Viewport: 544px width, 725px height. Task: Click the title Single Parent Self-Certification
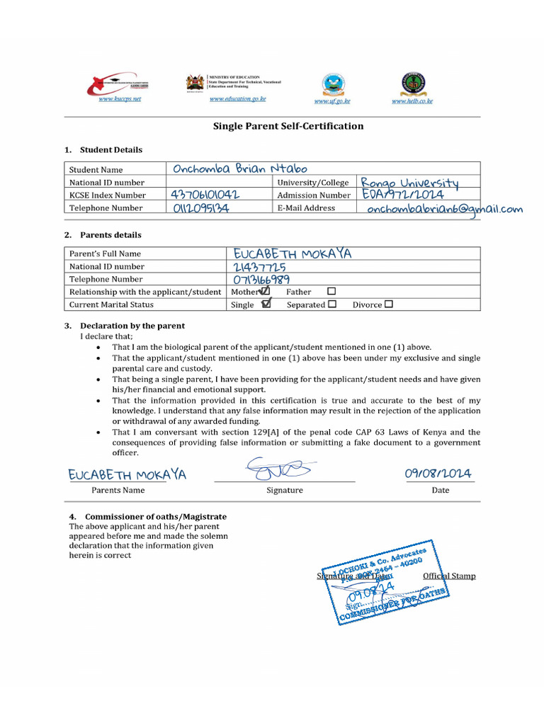[288, 126]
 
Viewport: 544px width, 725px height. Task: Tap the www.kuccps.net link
[120, 99]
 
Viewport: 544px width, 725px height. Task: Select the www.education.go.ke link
[237, 99]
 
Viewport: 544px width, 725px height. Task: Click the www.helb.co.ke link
[412, 101]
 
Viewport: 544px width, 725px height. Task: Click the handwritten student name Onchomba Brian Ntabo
[240, 169]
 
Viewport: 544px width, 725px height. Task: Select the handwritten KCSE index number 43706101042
[205, 195]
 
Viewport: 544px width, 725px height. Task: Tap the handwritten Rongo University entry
[409, 183]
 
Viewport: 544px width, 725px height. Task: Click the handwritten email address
[445, 209]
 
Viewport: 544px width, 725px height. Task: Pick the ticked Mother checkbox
[265, 291]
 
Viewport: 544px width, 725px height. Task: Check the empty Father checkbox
[331, 291]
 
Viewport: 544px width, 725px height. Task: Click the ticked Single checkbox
[266, 304]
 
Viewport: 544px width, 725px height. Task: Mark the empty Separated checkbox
[331, 304]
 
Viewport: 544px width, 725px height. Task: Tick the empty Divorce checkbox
[388, 304]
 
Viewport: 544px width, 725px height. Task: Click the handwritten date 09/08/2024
[438, 474]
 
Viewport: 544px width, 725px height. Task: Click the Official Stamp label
[449, 576]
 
